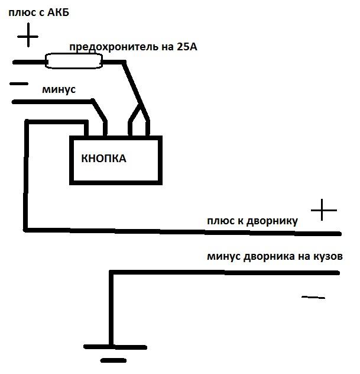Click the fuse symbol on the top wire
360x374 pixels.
(x=74, y=60)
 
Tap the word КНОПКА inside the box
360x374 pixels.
(x=103, y=159)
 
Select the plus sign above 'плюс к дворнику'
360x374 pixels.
(x=323, y=210)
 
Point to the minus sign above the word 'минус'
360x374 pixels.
(x=19, y=84)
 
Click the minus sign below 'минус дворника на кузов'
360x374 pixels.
(x=313, y=297)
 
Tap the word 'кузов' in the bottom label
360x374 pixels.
(x=326, y=257)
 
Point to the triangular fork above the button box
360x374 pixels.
(x=140, y=115)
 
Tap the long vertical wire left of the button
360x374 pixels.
(x=25, y=178)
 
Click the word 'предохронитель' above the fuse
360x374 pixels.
(x=113, y=47)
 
